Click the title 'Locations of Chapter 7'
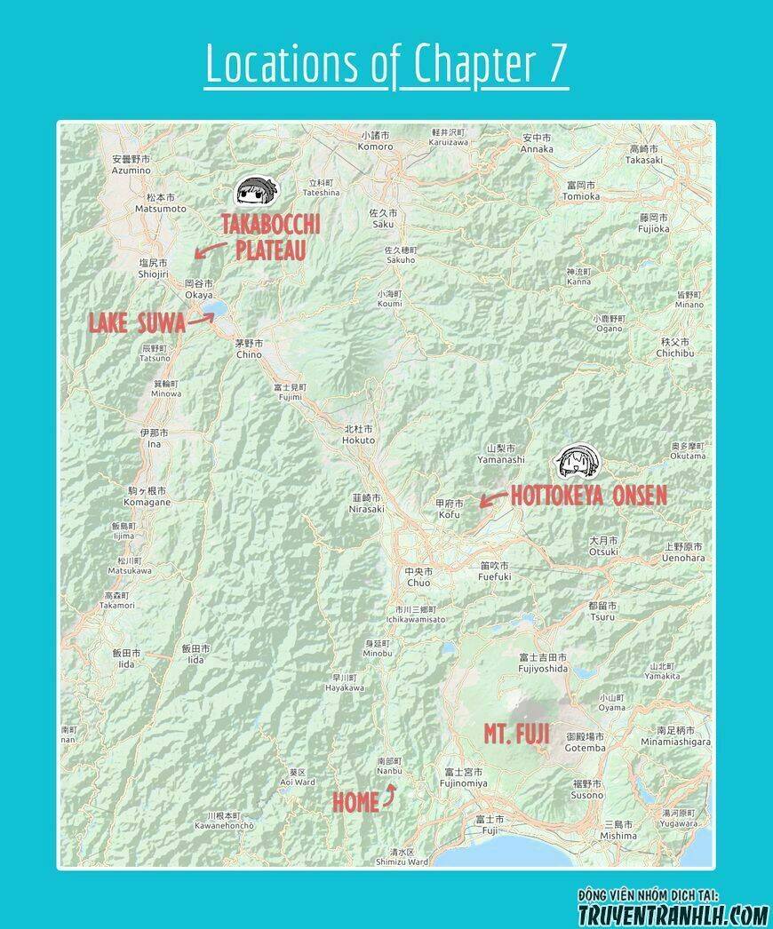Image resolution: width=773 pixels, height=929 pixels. coord(386,64)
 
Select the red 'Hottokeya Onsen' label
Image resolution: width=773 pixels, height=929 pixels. coord(588,496)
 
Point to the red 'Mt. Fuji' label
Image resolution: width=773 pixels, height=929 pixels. coord(516,734)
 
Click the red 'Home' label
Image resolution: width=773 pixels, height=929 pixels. coord(355,802)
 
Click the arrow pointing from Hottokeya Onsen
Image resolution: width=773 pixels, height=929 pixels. coord(493,498)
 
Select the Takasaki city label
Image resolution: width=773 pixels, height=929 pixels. coord(643,155)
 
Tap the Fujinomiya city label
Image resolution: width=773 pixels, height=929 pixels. coord(464,777)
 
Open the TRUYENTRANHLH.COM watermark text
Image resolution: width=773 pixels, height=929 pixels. coord(673,914)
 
